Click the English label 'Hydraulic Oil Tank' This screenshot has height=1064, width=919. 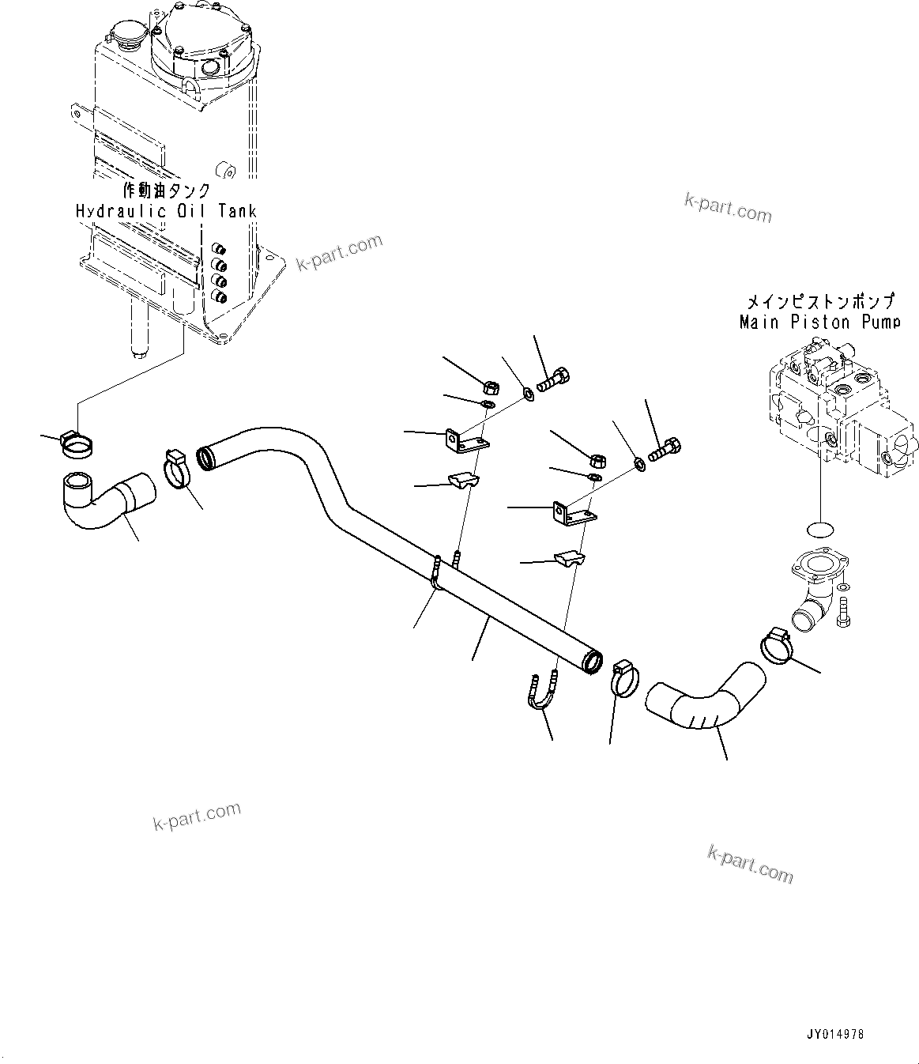[x=166, y=211]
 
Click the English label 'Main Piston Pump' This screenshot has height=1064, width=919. [x=819, y=322]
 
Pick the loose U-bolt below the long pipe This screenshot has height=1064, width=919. [x=543, y=692]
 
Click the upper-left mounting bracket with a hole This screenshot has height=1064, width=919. [x=464, y=442]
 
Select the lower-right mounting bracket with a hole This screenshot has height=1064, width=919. [x=572, y=515]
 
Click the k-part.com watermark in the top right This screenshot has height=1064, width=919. [x=727, y=206]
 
